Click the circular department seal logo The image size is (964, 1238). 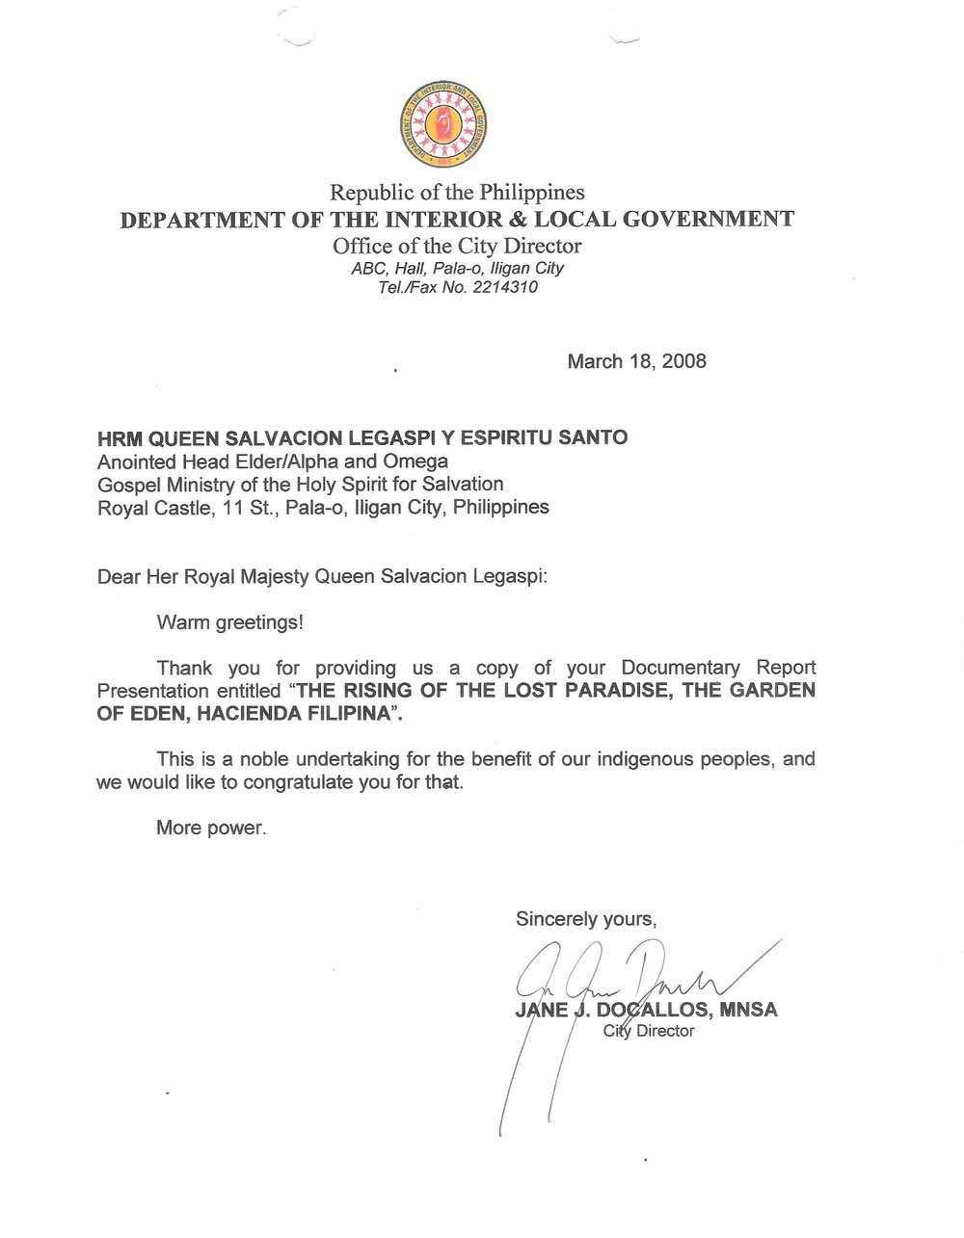tap(442, 125)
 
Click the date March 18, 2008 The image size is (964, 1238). tap(636, 361)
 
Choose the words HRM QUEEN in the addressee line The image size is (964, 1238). tap(158, 438)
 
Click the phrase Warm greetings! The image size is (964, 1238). tap(229, 622)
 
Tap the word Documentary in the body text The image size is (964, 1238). tap(681, 668)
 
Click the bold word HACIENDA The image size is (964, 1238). tap(248, 714)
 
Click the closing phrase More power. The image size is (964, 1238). tap(211, 828)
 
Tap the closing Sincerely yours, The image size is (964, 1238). tap(586, 919)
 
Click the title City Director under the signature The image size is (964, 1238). tap(649, 1031)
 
